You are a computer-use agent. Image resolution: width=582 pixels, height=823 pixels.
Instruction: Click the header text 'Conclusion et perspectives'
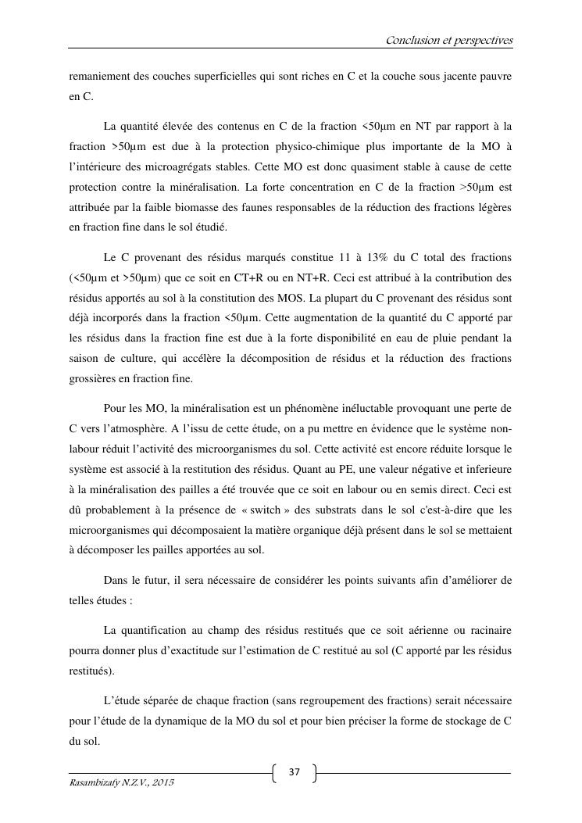click(x=448, y=40)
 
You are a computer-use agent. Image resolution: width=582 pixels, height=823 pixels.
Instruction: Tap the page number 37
click(x=294, y=772)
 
